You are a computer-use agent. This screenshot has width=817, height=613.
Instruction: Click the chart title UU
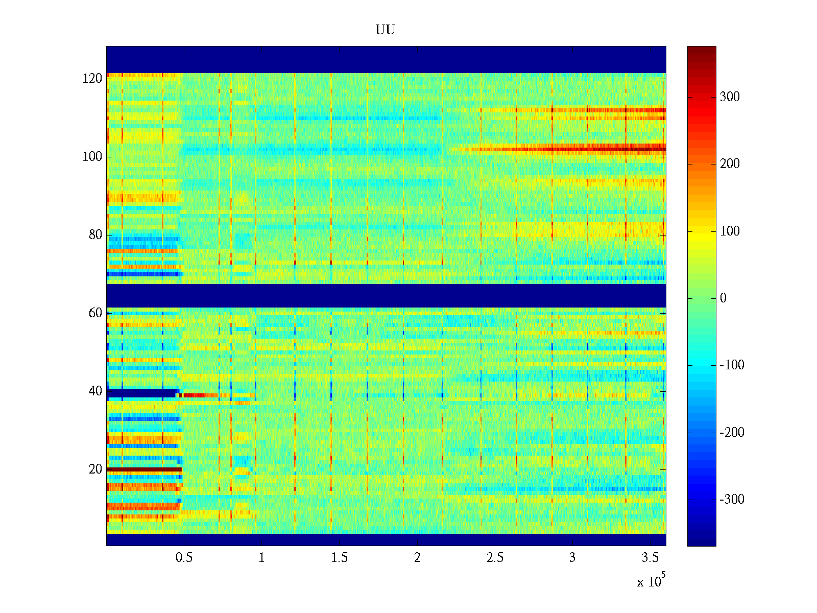386,30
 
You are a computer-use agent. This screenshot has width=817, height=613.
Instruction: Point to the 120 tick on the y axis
92,79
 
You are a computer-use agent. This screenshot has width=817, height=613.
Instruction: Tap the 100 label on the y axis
92,157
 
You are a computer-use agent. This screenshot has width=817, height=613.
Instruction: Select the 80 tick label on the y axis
95,235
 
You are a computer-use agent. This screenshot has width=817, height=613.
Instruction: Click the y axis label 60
95,313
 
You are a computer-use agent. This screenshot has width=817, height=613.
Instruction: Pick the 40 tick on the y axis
95,391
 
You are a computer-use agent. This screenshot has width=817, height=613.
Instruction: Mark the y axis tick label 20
95,469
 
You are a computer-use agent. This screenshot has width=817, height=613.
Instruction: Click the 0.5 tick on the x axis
184,558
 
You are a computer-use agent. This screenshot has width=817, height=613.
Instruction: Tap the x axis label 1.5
339,558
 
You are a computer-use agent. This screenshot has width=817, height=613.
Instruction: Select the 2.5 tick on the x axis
494,558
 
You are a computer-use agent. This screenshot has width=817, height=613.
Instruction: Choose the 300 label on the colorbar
730,97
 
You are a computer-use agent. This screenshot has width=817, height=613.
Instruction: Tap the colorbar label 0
723,298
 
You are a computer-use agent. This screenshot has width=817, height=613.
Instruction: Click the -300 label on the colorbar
732,500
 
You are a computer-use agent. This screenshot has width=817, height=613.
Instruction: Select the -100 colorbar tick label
732,365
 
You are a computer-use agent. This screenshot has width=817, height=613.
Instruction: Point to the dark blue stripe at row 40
141,393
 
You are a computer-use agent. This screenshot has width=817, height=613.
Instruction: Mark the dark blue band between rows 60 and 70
386,295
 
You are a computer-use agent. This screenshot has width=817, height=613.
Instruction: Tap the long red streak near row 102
587,149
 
